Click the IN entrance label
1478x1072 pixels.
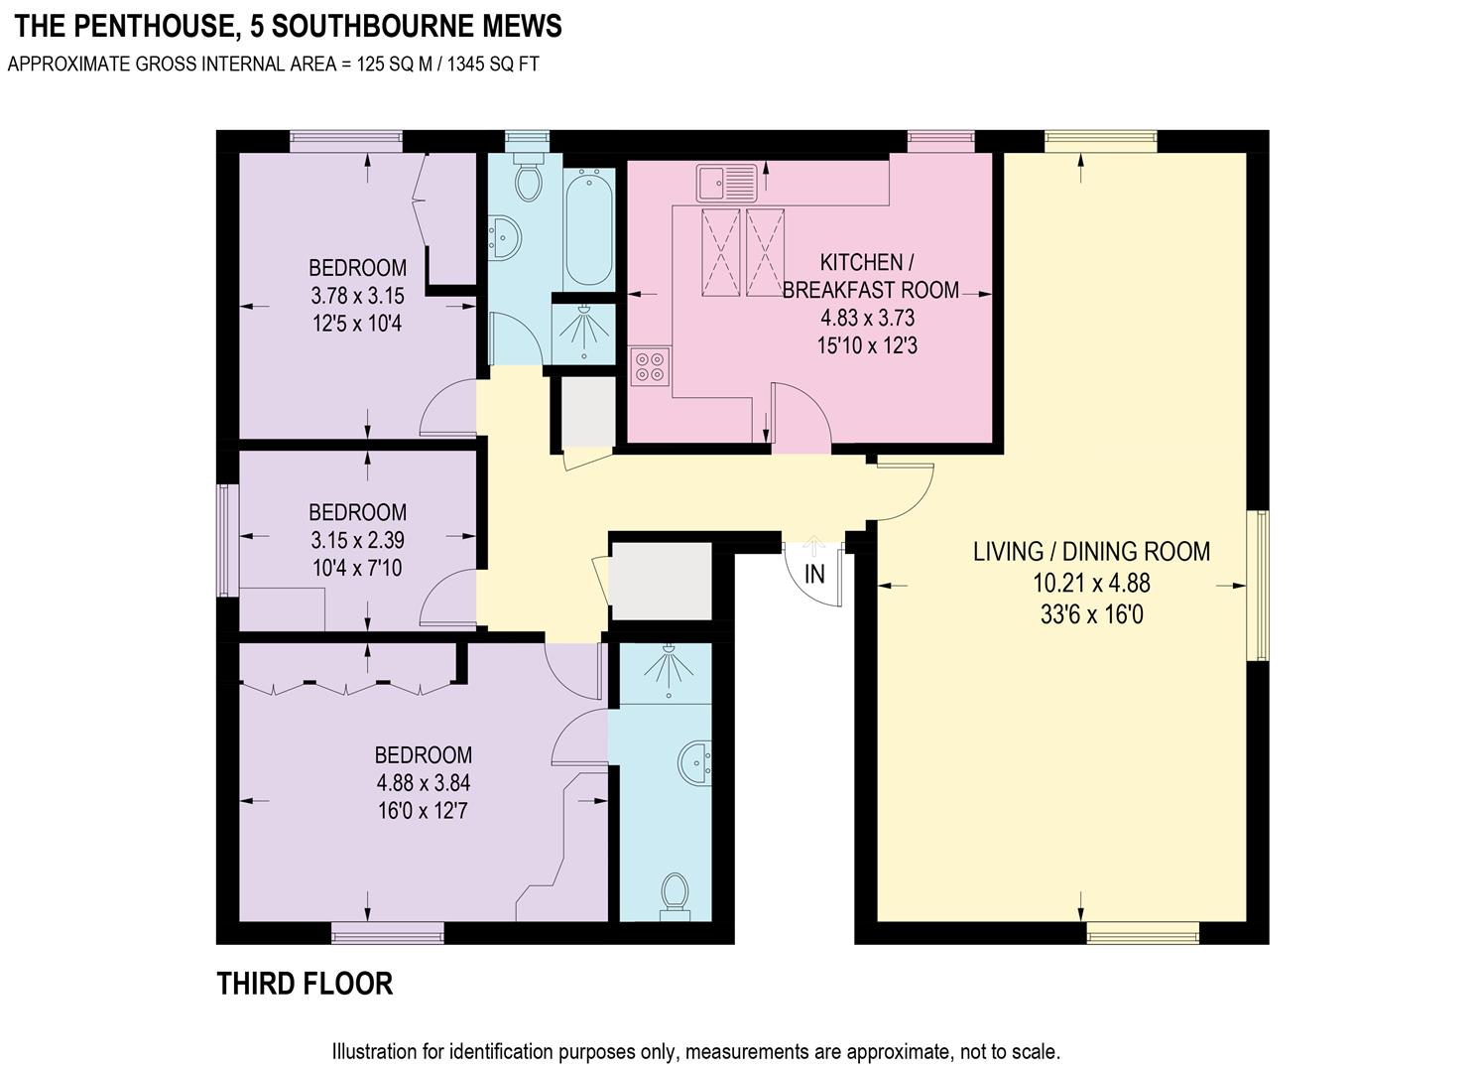[814, 574]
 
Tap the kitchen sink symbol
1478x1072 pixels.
[726, 183]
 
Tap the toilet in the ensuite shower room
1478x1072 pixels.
[676, 894]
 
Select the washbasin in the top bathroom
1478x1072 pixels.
[504, 238]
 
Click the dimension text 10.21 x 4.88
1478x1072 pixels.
[1091, 584]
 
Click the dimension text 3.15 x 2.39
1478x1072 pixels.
[357, 541]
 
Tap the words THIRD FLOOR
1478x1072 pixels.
[305, 984]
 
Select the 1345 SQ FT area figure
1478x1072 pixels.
[493, 65]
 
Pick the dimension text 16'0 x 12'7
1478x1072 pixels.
[423, 811]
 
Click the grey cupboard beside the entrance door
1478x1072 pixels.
[661, 582]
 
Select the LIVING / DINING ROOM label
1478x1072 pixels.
[1091, 552]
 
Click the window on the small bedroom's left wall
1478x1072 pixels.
[227, 540]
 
